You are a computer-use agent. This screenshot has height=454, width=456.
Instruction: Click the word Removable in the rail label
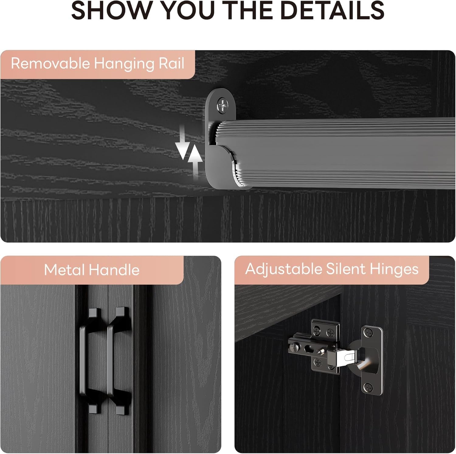[50, 64]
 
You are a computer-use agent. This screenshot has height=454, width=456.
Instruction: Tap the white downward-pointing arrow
[182, 142]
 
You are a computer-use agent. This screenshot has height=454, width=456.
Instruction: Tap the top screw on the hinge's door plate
[369, 333]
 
